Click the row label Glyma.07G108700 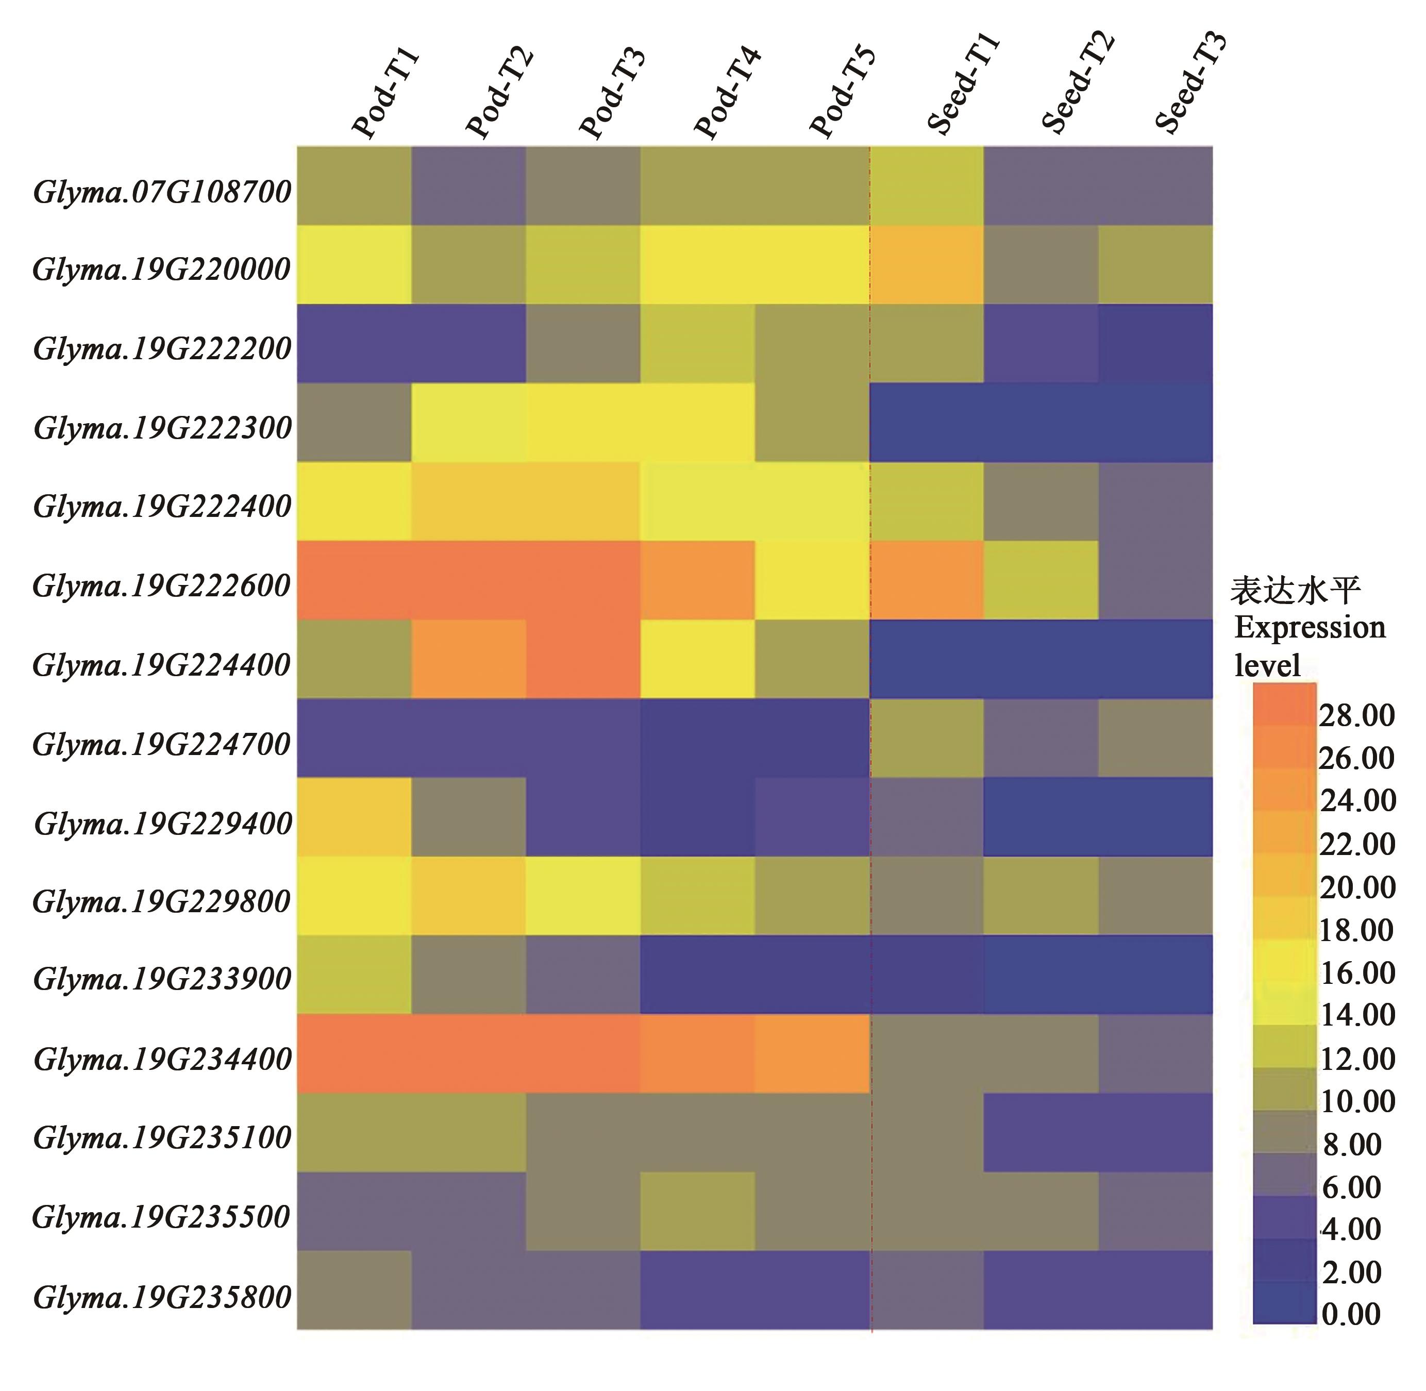(162, 193)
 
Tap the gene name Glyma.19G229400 (163, 824)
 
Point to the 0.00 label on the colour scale (1351, 1314)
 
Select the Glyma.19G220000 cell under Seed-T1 (926, 264)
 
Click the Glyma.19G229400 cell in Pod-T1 (354, 817)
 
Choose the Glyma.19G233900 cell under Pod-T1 (354, 975)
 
